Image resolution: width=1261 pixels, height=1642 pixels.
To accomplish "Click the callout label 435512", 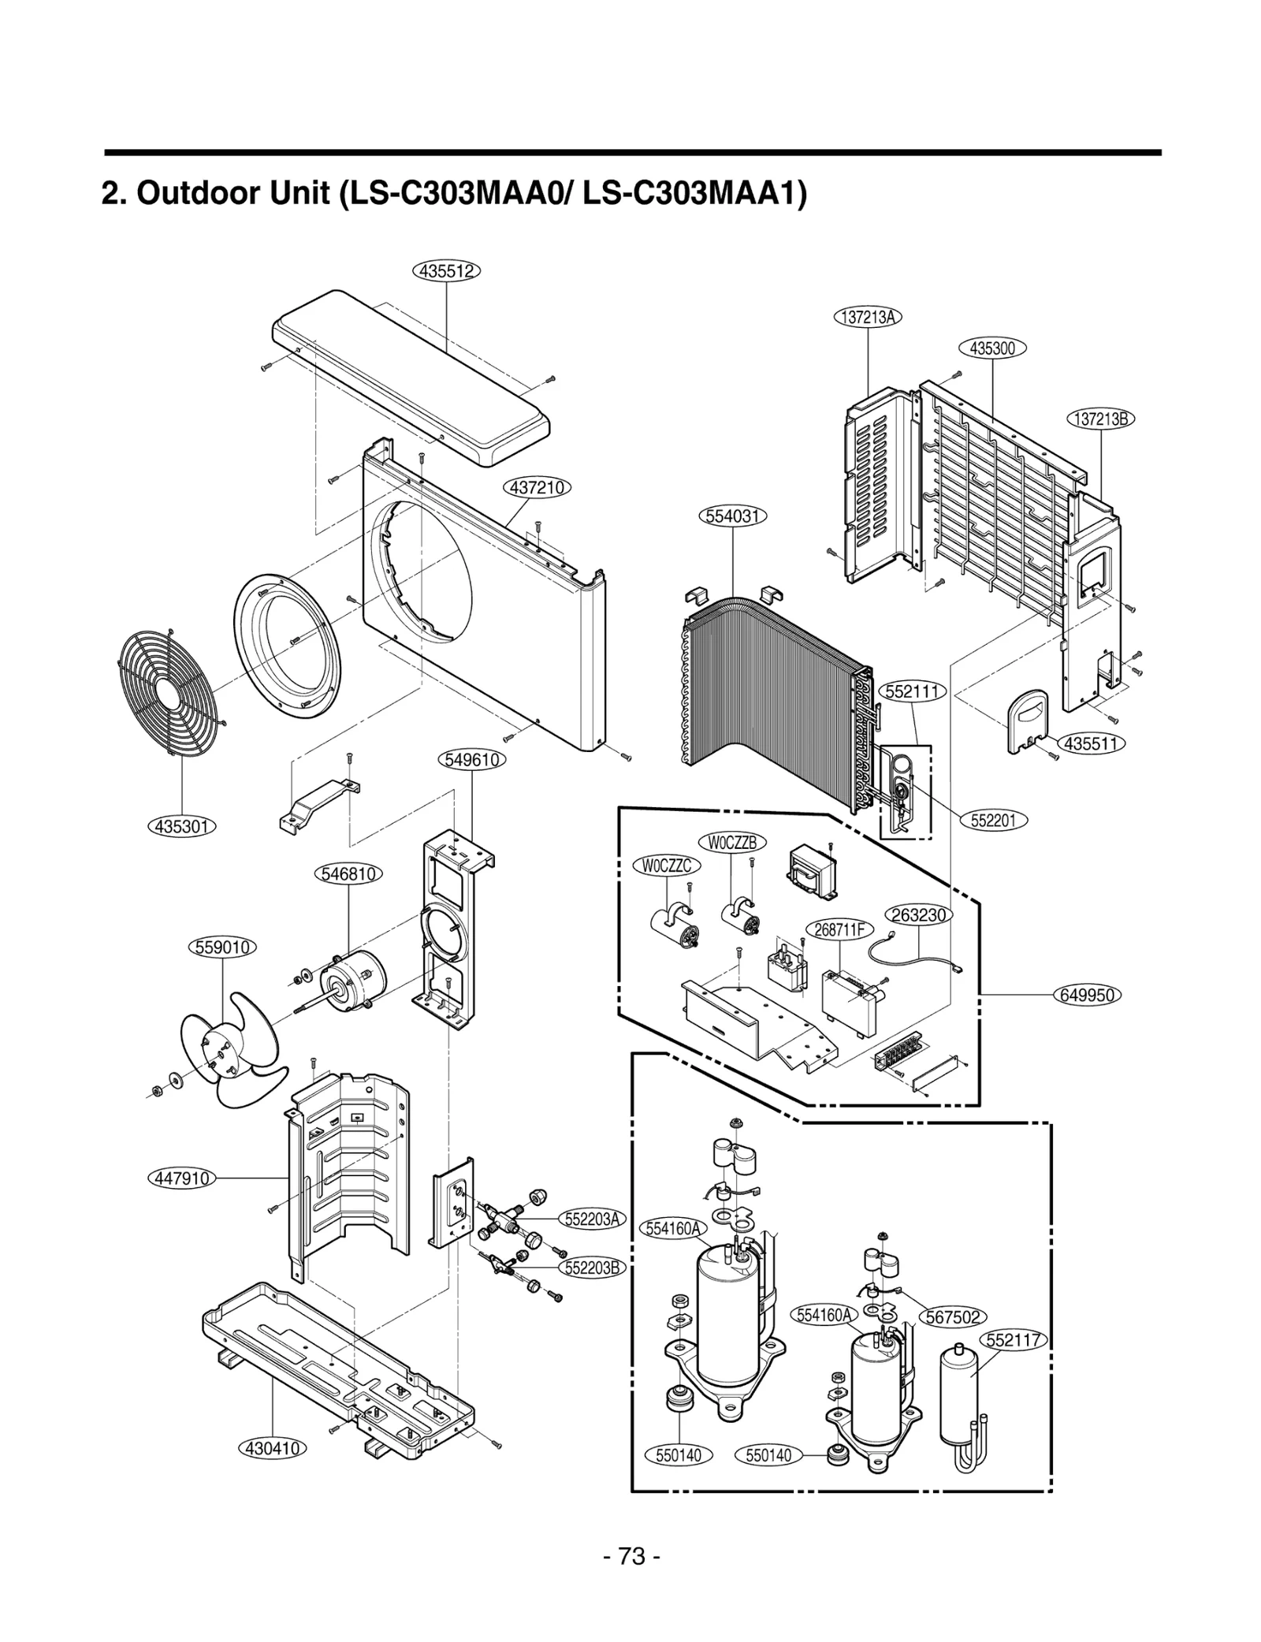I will tap(446, 271).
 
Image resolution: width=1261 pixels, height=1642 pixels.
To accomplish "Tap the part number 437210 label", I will tap(537, 487).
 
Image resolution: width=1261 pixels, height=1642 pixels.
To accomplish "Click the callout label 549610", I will tap(471, 760).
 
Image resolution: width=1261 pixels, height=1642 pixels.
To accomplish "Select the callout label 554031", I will tap(732, 516).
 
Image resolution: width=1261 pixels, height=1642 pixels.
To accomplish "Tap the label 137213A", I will tap(867, 317).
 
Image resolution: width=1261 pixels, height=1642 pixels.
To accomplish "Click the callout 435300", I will tap(992, 348).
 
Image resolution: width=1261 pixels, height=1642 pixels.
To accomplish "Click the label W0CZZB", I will tap(731, 842).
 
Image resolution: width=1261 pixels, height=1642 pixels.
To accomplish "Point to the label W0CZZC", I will tap(666, 866).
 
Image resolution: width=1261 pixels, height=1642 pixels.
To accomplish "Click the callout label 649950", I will tap(1087, 995).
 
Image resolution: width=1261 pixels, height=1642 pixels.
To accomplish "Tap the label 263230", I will tap(919, 914).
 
